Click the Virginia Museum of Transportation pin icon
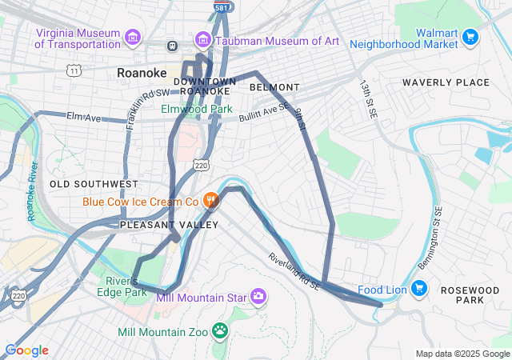click(133, 37)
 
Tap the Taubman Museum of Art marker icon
click(203, 38)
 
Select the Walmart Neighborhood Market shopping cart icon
click(470, 37)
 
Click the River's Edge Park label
click(126, 286)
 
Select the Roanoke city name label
click(141, 72)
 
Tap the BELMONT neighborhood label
click(274, 86)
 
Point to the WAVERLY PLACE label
click(446, 82)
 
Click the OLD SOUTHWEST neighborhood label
click(88, 184)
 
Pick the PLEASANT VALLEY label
click(168, 225)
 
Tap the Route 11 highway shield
click(74, 71)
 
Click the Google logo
click(26, 350)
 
